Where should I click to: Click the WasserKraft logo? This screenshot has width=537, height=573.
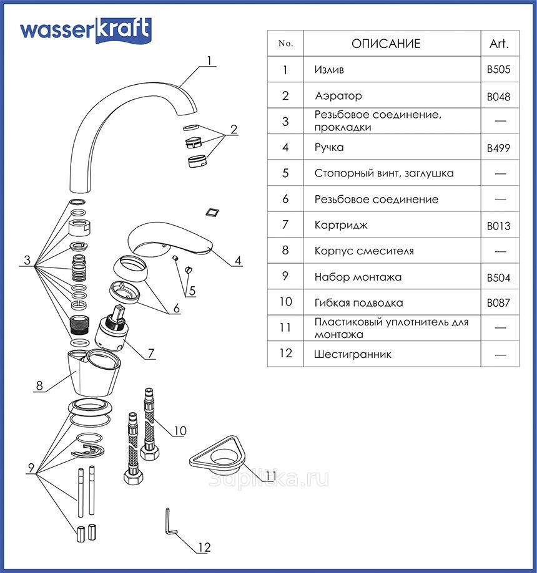click(86, 31)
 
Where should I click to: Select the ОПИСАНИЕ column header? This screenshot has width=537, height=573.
click(386, 44)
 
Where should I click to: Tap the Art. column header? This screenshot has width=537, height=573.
click(500, 44)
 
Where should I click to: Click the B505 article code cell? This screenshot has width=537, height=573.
click(498, 69)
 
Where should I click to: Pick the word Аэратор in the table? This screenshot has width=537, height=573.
click(338, 96)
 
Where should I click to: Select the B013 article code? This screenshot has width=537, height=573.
click(498, 226)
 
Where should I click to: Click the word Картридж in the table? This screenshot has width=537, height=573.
click(341, 225)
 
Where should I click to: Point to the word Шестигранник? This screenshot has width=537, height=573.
click(353, 354)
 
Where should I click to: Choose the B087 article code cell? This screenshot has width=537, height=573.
click(498, 303)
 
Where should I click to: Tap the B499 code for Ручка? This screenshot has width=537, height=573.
click(498, 148)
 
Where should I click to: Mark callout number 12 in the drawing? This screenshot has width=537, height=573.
click(204, 547)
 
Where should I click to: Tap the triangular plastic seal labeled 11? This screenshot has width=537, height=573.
click(217, 456)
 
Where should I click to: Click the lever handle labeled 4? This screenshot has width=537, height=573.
click(169, 238)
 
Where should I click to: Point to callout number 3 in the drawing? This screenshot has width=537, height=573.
click(27, 260)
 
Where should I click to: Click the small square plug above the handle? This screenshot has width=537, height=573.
click(213, 213)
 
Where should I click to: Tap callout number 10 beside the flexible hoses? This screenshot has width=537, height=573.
click(180, 430)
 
